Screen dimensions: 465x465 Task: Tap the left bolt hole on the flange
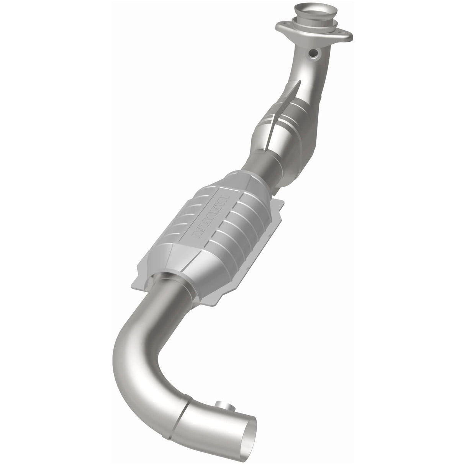click(281, 28)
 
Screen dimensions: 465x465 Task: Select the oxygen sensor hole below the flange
click(315, 54)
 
